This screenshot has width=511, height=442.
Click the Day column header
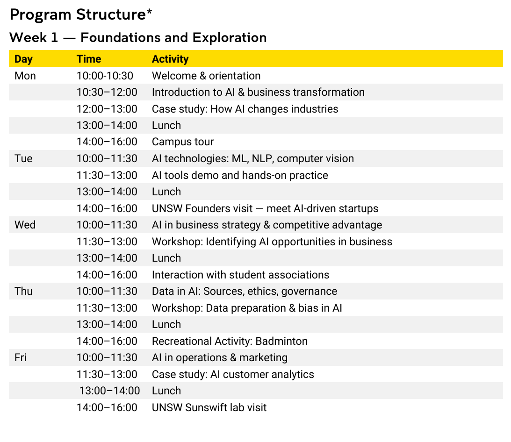point(23,59)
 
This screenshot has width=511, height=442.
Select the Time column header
point(89,59)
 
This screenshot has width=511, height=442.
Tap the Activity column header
point(170,59)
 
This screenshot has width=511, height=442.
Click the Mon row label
point(25,76)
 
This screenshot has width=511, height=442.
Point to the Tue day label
point(23,158)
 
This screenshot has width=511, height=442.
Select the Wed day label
point(25,225)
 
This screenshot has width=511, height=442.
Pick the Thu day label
point(23,291)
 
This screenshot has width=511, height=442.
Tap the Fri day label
point(20,357)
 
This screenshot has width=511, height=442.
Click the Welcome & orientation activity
point(206,76)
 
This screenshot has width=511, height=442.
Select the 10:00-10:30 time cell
point(105,76)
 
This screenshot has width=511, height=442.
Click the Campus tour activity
point(182,142)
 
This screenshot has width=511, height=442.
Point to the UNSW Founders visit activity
point(265,208)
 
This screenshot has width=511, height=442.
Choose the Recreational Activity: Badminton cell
point(230,341)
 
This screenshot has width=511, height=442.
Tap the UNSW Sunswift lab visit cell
point(209,407)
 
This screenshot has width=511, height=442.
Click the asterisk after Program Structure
point(149,12)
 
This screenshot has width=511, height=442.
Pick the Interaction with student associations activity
point(240,275)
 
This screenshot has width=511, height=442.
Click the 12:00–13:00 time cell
point(107,109)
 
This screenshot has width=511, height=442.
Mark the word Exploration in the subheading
point(230,38)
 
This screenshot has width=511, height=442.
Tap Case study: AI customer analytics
point(233,374)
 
